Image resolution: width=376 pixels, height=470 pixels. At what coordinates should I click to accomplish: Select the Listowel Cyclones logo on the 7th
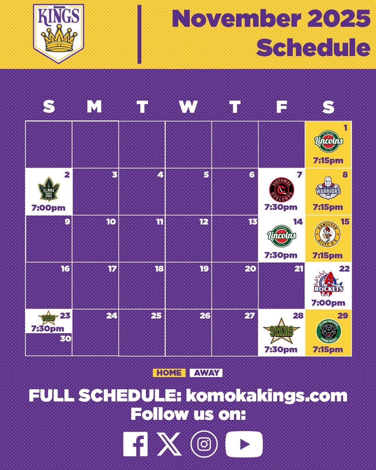(281, 190)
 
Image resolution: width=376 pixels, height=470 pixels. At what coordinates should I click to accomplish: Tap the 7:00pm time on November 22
(328, 303)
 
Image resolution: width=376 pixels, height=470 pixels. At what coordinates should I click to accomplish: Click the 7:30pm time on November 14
(281, 256)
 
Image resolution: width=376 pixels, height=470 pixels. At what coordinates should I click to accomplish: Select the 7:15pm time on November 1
(328, 161)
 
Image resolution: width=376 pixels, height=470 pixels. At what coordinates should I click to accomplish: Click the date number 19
(204, 269)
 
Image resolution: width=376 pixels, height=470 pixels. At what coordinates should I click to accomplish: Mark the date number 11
(159, 222)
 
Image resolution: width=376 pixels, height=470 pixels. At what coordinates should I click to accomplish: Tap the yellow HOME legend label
(169, 373)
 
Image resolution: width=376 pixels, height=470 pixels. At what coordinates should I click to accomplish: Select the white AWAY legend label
(206, 373)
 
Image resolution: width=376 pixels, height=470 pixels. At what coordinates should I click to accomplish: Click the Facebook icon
(136, 444)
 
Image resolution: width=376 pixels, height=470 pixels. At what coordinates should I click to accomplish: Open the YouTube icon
(244, 444)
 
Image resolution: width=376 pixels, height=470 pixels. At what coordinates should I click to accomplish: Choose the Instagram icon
(204, 444)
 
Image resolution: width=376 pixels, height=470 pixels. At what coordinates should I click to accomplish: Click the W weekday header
(188, 107)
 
